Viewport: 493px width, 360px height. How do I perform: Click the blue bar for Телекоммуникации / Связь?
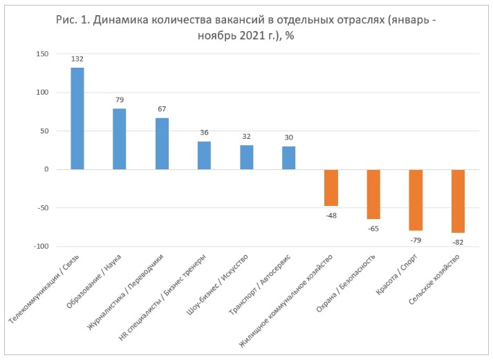[77, 118]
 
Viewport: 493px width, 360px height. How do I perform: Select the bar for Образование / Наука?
[120, 139]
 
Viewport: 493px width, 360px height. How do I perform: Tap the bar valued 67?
[162, 144]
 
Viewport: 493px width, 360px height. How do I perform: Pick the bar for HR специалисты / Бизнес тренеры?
[204, 155]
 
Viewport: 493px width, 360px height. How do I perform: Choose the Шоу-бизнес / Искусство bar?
[246, 157]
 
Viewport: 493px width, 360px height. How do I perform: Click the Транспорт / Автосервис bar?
[288, 158]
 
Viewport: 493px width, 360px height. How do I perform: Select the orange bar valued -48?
[331, 187]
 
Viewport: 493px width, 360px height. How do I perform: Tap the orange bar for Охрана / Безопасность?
[373, 194]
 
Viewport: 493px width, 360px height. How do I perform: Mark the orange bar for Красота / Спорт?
[416, 200]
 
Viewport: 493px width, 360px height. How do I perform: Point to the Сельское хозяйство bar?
[458, 201]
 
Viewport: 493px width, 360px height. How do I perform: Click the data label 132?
[77, 60]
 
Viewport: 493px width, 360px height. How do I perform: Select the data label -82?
[458, 243]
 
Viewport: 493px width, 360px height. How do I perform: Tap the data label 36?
[204, 133]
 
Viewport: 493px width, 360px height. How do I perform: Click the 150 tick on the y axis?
[41, 53]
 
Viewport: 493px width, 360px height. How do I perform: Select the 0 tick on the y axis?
[46, 169]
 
